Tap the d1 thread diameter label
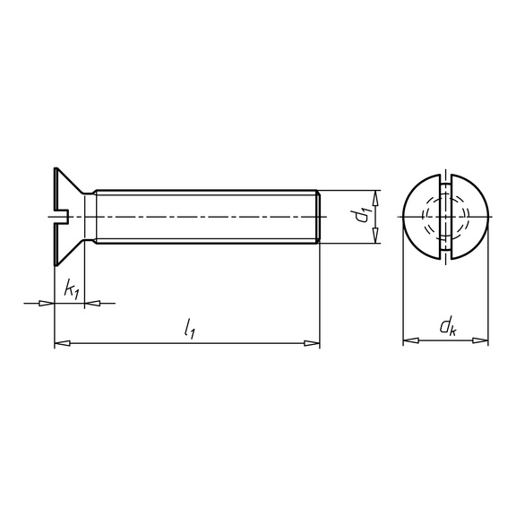coord(361,216)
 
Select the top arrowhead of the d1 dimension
coord(376,197)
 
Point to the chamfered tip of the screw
coord(316,216)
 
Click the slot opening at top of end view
coord(445,176)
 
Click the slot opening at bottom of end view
coord(445,257)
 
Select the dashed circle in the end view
coord(445,217)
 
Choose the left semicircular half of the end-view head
coord(419,217)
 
